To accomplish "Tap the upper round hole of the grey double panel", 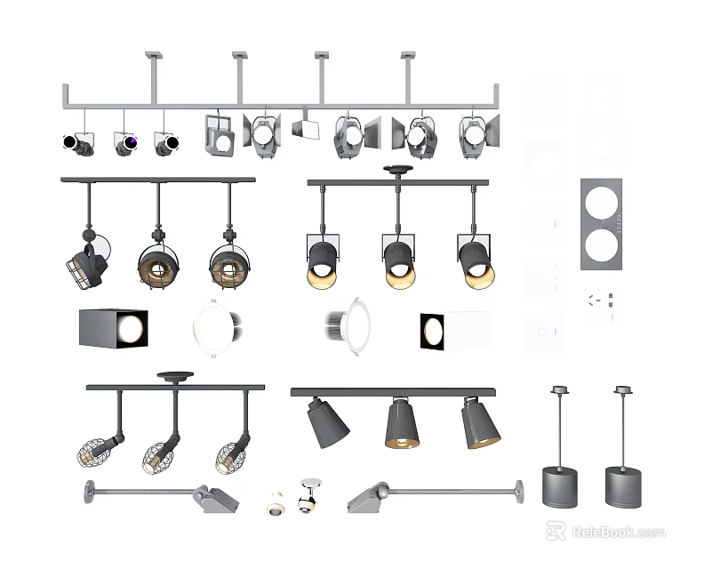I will click(x=601, y=204).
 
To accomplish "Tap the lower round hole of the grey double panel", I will click(x=601, y=244).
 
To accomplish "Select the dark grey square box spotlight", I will click(x=113, y=329).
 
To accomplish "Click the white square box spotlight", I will click(x=455, y=331).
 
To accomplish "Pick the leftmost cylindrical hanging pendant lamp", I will click(x=559, y=485).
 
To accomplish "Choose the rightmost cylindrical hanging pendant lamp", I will click(x=623, y=485).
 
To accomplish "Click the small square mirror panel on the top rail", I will click(x=306, y=128).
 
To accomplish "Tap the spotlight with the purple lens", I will click(x=125, y=143).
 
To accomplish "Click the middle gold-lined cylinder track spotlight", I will click(x=399, y=261).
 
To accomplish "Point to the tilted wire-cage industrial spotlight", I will click(x=87, y=264).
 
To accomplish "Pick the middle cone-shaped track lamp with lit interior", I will click(x=402, y=425).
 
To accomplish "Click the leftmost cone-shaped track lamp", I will click(x=326, y=423).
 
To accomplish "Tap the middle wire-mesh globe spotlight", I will click(x=159, y=456).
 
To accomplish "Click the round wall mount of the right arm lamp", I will click(x=518, y=488).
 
